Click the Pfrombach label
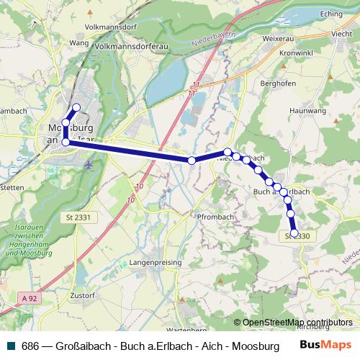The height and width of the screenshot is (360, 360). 215,216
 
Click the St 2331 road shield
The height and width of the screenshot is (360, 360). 85,217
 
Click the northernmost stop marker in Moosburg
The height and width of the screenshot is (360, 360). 76,107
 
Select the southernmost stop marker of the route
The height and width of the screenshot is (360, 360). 294,233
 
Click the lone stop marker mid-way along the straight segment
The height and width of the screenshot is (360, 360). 192,161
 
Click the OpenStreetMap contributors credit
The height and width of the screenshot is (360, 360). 297,323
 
